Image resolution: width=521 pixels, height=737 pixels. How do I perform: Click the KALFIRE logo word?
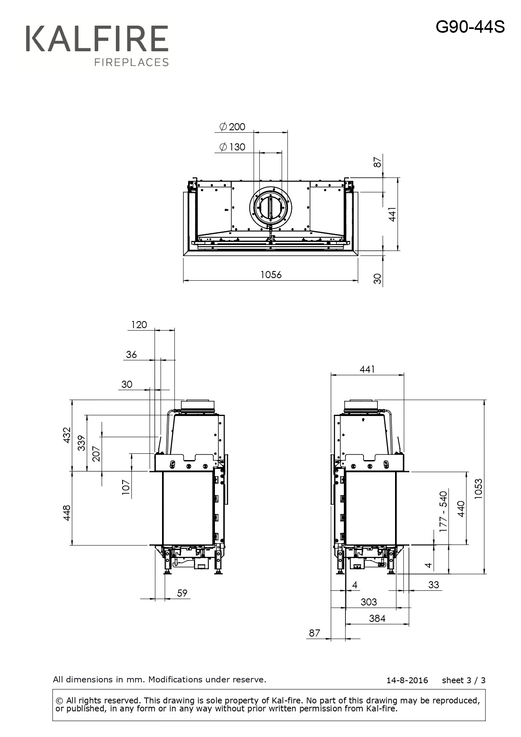97,39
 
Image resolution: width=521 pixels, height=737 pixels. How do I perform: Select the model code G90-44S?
470,27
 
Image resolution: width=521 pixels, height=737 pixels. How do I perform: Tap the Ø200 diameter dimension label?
232,126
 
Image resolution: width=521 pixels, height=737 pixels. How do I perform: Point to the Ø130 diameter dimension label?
232,147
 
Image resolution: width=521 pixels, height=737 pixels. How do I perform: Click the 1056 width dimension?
271,274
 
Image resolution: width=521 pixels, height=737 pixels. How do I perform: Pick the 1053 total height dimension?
478,489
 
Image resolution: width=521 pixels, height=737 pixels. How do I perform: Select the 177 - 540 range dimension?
443,511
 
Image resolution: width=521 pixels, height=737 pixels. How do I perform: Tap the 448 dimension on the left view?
67,513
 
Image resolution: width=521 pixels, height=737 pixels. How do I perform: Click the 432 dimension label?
67,435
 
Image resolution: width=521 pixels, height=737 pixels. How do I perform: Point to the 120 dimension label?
139,325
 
